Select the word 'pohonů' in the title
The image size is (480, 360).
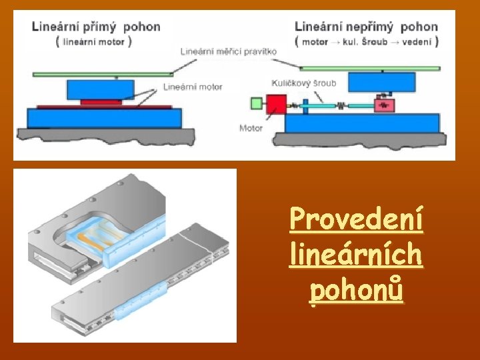pyautogui.click(x=356, y=291)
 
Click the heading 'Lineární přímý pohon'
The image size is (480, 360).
pyautogui.click(x=96, y=27)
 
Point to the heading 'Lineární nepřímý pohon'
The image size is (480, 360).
pyautogui.click(x=366, y=27)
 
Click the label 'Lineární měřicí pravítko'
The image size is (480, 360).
pyautogui.click(x=221, y=51)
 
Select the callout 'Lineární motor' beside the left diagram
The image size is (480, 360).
pyautogui.click(x=193, y=87)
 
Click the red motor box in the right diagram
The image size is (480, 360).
pyautogui.click(x=276, y=105)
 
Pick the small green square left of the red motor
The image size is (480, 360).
pyautogui.click(x=257, y=103)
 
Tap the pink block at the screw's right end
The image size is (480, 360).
pyautogui.click(x=384, y=105)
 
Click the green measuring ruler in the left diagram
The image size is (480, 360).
pyautogui.click(x=100, y=73)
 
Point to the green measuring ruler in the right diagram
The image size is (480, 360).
pyautogui.click(x=370, y=68)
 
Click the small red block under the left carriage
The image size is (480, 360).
pyautogui.click(x=101, y=101)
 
